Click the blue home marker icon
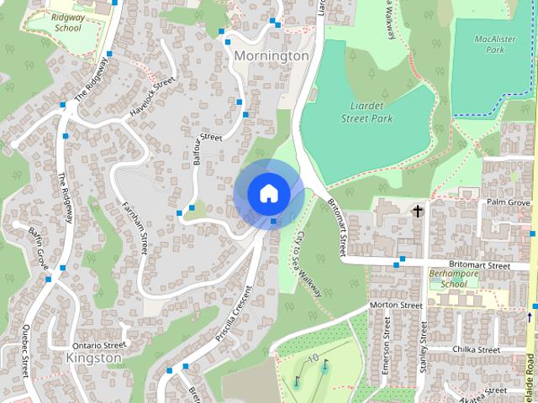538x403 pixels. pyautogui.click(x=268, y=193)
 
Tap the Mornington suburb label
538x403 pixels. pyautogui.click(x=272, y=55)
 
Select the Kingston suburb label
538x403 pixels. pyautogui.click(x=93, y=358)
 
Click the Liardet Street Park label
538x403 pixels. pyautogui.click(x=367, y=113)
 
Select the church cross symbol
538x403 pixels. pyautogui.click(x=416, y=211)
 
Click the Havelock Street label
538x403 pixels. pyautogui.click(x=152, y=97)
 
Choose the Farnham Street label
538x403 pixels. pyautogui.click(x=135, y=228)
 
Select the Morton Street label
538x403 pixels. pyautogui.click(x=395, y=305)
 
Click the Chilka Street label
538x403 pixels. pyautogui.click(x=477, y=349)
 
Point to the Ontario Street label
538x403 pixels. pyautogui.click(x=98, y=345)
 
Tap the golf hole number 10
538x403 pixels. pyautogui.click(x=312, y=359)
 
